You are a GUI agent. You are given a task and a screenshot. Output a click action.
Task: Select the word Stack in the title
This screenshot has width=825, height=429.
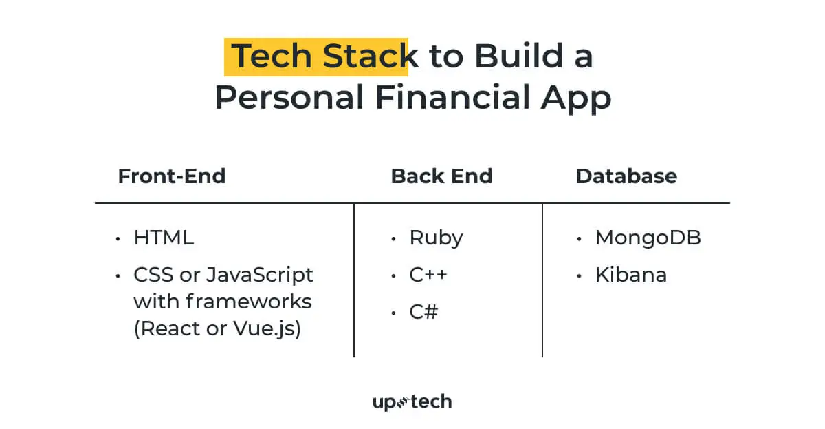click(x=370, y=56)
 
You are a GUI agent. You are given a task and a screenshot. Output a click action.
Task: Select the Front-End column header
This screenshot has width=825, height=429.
click(x=172, y=176)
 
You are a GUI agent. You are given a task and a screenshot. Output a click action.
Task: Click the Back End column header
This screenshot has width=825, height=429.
click(x=441, y=176)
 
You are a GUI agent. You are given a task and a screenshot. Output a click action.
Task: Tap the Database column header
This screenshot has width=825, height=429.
click(x=626, y=176)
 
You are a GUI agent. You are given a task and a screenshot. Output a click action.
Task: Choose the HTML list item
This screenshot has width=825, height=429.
click(x=164, y=238)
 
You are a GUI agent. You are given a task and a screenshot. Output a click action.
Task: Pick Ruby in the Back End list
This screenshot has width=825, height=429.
click(x=436, y=238)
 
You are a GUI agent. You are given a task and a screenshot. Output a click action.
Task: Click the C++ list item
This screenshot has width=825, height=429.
click(x=428, y=275)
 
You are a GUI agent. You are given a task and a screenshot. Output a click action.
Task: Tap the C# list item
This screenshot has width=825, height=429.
click(x=423, y=312)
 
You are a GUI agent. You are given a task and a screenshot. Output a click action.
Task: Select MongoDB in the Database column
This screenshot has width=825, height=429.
click(x=648, y=238)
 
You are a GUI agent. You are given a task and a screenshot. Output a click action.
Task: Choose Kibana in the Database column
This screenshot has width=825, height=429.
click(x=630, y=275)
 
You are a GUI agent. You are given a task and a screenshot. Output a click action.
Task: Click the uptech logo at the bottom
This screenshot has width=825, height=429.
click(x=412, y=401)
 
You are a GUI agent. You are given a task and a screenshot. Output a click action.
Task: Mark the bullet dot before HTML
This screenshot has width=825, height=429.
click(x=118, y=239)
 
